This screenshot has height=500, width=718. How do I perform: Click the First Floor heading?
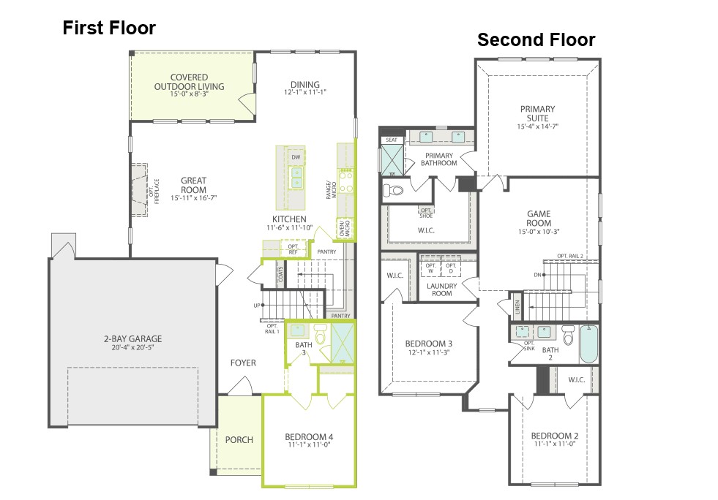point(109,28)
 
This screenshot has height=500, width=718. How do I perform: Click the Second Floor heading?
point(536,39)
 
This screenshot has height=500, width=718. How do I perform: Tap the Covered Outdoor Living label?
point(189,82)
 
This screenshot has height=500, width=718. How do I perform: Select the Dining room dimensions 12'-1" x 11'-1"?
point(305,92)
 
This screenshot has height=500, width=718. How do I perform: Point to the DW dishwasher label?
point(296,157)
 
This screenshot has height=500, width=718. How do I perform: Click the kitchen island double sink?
point(296,178)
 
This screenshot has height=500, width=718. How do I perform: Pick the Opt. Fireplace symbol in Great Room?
point(140,190)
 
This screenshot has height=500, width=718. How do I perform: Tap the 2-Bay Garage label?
point(132,339)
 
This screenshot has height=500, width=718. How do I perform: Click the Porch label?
point(239,439)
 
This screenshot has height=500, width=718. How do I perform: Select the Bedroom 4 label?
point(309,437)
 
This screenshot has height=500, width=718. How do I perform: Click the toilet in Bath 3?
point(321,333)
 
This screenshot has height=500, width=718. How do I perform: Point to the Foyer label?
point(243,363)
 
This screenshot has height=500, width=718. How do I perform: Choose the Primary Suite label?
point(537,113)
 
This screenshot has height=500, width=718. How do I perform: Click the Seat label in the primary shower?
point(392,140)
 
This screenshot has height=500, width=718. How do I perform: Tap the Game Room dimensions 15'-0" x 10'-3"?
point(539,232)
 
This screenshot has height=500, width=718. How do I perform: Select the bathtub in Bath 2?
point(588,344)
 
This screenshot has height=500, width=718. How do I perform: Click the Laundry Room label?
point(442,289)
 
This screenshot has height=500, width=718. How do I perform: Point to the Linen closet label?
point(517,306)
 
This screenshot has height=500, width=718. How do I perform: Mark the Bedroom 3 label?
point(429,344)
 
